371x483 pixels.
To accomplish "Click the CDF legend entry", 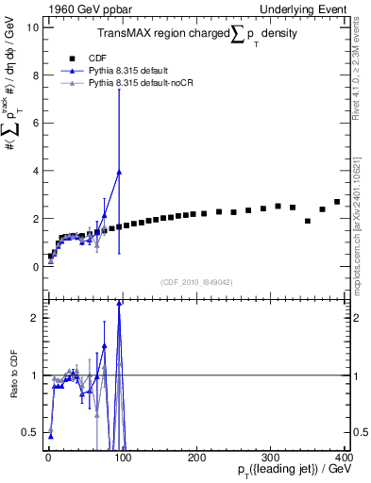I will [94, 57].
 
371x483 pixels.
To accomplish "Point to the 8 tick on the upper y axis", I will [36, 75].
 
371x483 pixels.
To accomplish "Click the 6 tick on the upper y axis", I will [36, 123].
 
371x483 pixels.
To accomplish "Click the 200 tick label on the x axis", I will [196, 457].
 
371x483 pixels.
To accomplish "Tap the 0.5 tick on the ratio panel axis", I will [32, 433].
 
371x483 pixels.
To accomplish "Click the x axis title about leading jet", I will [293, 469].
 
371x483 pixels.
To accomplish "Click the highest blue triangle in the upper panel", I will [119, 172].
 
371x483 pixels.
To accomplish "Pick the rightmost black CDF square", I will [337, 202].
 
